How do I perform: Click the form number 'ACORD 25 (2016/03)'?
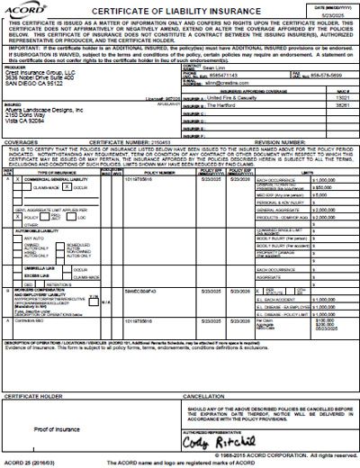coord(30,461)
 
